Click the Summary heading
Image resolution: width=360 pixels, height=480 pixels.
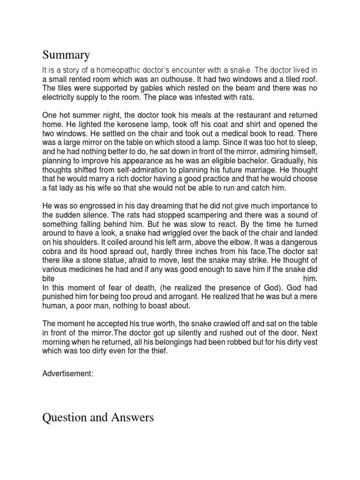(66, 55)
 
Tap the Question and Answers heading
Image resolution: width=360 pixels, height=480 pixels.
(98, 417)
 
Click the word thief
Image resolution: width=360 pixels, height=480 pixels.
(156, 351)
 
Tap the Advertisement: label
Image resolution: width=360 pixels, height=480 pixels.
(70, 374)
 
